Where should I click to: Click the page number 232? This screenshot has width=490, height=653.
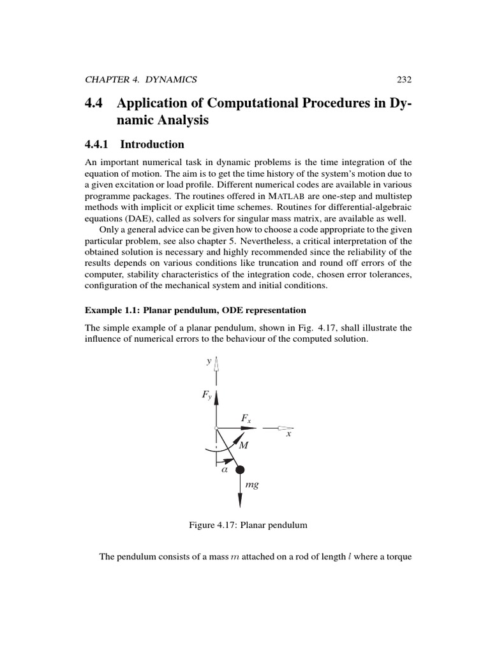tap(404, 80)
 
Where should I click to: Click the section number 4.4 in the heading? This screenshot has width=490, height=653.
tap(94, 104)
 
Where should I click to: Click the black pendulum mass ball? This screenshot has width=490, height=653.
tap(240, 471)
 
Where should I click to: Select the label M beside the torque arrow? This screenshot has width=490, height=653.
tap(243, 446)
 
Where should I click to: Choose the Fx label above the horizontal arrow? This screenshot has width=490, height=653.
tap(246, 418)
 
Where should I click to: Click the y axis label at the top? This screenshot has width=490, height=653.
tap(209, 361)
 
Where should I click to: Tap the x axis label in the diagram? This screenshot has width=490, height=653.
tap(288, 434)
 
